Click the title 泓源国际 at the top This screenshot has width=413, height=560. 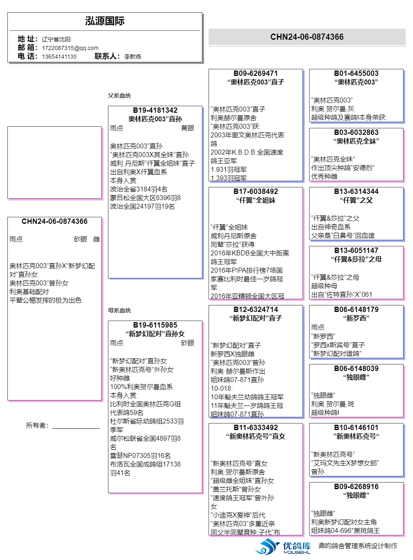[x=105, y=21]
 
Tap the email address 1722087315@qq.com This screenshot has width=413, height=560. [x=70, y=48]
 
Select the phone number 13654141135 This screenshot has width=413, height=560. [x=59, y=57]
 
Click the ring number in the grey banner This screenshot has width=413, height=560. [x=307, y=37]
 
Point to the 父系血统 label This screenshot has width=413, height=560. [x=119, y=96]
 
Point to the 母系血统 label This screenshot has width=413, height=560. [x=119, y=310]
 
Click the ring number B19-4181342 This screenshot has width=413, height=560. [x=155, y=110]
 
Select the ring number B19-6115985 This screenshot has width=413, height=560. [x=155, y=325]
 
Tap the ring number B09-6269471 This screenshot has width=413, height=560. [x=255, y=73]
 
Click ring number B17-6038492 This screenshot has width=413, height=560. [x=255, y=191]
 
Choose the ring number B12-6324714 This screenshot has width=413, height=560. [x=255, y=310]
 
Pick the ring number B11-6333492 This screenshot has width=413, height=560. [x=255, y=428]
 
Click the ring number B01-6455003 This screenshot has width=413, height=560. [x=356, y=73]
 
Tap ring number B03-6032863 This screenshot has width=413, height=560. [x=356, y=132]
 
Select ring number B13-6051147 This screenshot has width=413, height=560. [x=356, y=250]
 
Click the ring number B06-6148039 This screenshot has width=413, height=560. [x=356, y=369]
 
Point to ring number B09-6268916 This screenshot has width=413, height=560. [x=356, y=487]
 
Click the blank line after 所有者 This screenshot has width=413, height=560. [x=76, y=426]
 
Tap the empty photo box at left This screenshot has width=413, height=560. [x=55, y=162]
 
